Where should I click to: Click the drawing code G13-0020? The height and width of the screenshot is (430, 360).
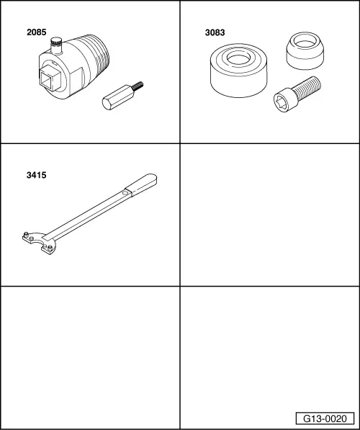click(x=325, y=418)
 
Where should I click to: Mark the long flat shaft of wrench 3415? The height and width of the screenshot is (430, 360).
click(x=90, y=214)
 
